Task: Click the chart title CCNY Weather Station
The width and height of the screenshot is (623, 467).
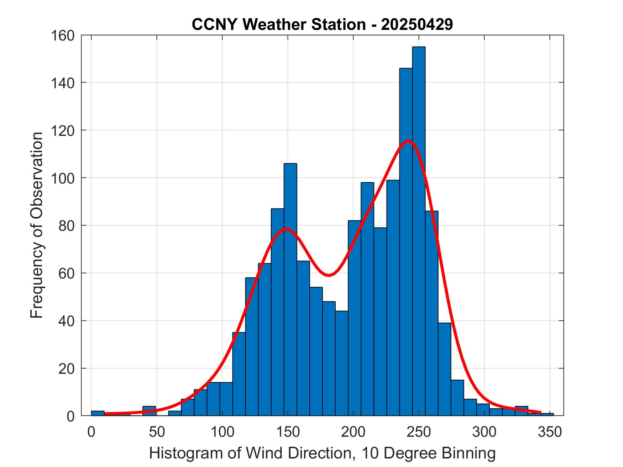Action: click(278, 25)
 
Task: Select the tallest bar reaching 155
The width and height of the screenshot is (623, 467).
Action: click(419, 231)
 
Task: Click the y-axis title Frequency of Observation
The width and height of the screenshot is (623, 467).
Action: click(37, 225)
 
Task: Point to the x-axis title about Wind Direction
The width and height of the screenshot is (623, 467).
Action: click(322, 453)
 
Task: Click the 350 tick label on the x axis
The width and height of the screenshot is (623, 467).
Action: click(550, 432)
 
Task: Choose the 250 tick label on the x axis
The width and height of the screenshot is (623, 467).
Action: click(419, 432)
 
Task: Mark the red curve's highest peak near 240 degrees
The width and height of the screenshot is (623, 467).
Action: click(408, 141)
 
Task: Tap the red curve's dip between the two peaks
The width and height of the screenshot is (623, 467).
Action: click(329, 275)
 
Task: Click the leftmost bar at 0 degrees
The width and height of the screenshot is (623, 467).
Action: click(98, 413)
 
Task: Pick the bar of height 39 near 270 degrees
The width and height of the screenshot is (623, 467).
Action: click(444, 370)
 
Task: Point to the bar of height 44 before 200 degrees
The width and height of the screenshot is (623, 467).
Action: click(341, 363)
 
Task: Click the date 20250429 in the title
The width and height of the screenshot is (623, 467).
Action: click(417, 25)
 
